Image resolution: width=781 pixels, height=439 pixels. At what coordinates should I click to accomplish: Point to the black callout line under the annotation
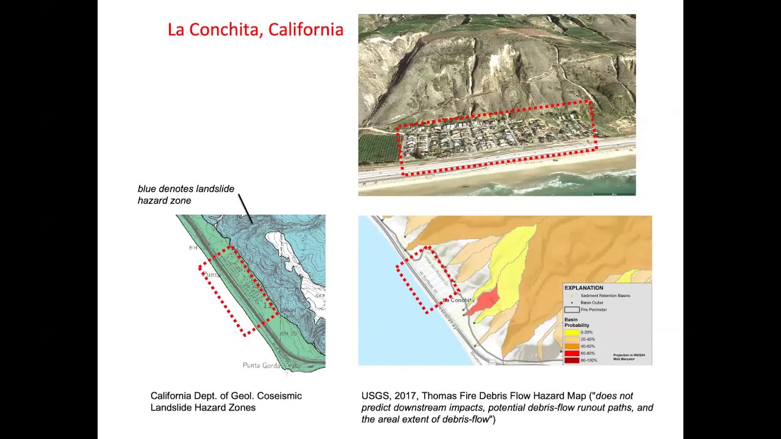coord(245,209)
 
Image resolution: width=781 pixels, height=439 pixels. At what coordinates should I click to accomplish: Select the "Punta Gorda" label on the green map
coord(261,365)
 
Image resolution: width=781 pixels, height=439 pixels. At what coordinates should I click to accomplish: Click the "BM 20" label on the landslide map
coord(288,334)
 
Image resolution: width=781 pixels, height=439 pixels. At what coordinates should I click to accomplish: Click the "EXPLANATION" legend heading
coord(583,288)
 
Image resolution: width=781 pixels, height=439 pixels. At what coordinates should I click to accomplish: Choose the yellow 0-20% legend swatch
coord(571,332)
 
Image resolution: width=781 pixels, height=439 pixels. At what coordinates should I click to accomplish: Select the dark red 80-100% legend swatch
coord(571,360)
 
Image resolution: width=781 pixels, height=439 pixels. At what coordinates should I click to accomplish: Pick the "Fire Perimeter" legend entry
coord(593,310)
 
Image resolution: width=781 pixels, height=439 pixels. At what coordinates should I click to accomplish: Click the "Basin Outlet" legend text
coord(592,302)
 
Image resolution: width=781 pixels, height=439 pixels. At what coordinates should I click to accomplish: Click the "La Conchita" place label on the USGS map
coord(458,300)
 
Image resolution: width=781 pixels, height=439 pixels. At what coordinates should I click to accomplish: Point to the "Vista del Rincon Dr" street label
coord(436,271)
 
